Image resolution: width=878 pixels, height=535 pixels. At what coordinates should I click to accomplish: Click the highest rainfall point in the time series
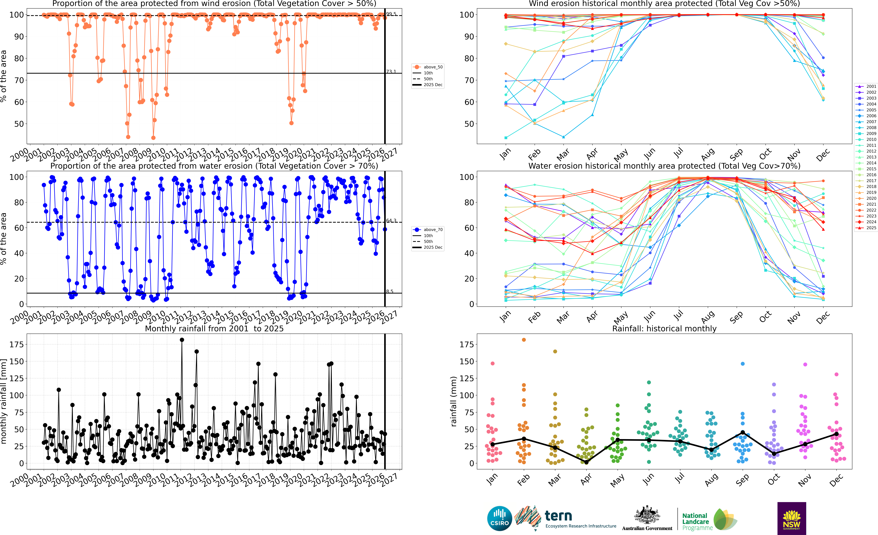click(182, 340)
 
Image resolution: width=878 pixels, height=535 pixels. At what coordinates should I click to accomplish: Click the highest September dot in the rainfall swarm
click(743, 364)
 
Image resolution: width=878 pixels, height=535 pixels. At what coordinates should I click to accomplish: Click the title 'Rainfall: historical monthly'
click(664, 329)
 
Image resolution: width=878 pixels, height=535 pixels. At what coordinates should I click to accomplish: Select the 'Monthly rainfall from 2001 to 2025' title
click(214, 329)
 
